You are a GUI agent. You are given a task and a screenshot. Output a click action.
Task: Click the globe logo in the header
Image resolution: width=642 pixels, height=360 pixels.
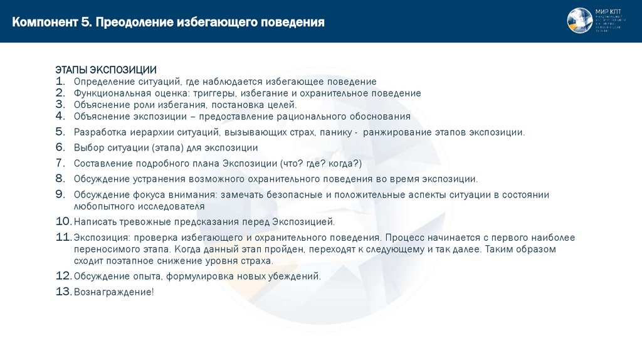point(580,20)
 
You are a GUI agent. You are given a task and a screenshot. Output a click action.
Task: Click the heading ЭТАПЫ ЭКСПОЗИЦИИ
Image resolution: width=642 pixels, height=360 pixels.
point(106,69)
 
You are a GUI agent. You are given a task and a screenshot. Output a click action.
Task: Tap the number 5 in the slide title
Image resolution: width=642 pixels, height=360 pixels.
point(85,23)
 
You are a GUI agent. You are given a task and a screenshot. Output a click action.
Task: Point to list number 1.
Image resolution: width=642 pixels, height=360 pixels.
point(60,82)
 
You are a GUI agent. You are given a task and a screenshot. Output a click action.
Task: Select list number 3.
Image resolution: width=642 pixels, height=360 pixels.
point(60,105)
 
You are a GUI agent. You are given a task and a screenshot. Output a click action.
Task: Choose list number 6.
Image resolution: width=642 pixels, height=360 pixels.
point(60,147)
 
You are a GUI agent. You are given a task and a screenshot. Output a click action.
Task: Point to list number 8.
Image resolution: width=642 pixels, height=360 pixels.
point(60,179)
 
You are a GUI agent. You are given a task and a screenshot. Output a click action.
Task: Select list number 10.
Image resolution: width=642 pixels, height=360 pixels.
point(64,221)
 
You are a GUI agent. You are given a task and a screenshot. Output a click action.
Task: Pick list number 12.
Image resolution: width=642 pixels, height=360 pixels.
point(64,276)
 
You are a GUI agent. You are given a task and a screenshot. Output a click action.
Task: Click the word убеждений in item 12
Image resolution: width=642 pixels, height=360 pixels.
point(297,277)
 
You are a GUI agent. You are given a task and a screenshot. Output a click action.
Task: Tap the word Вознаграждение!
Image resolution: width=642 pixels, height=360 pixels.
point(113,292)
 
